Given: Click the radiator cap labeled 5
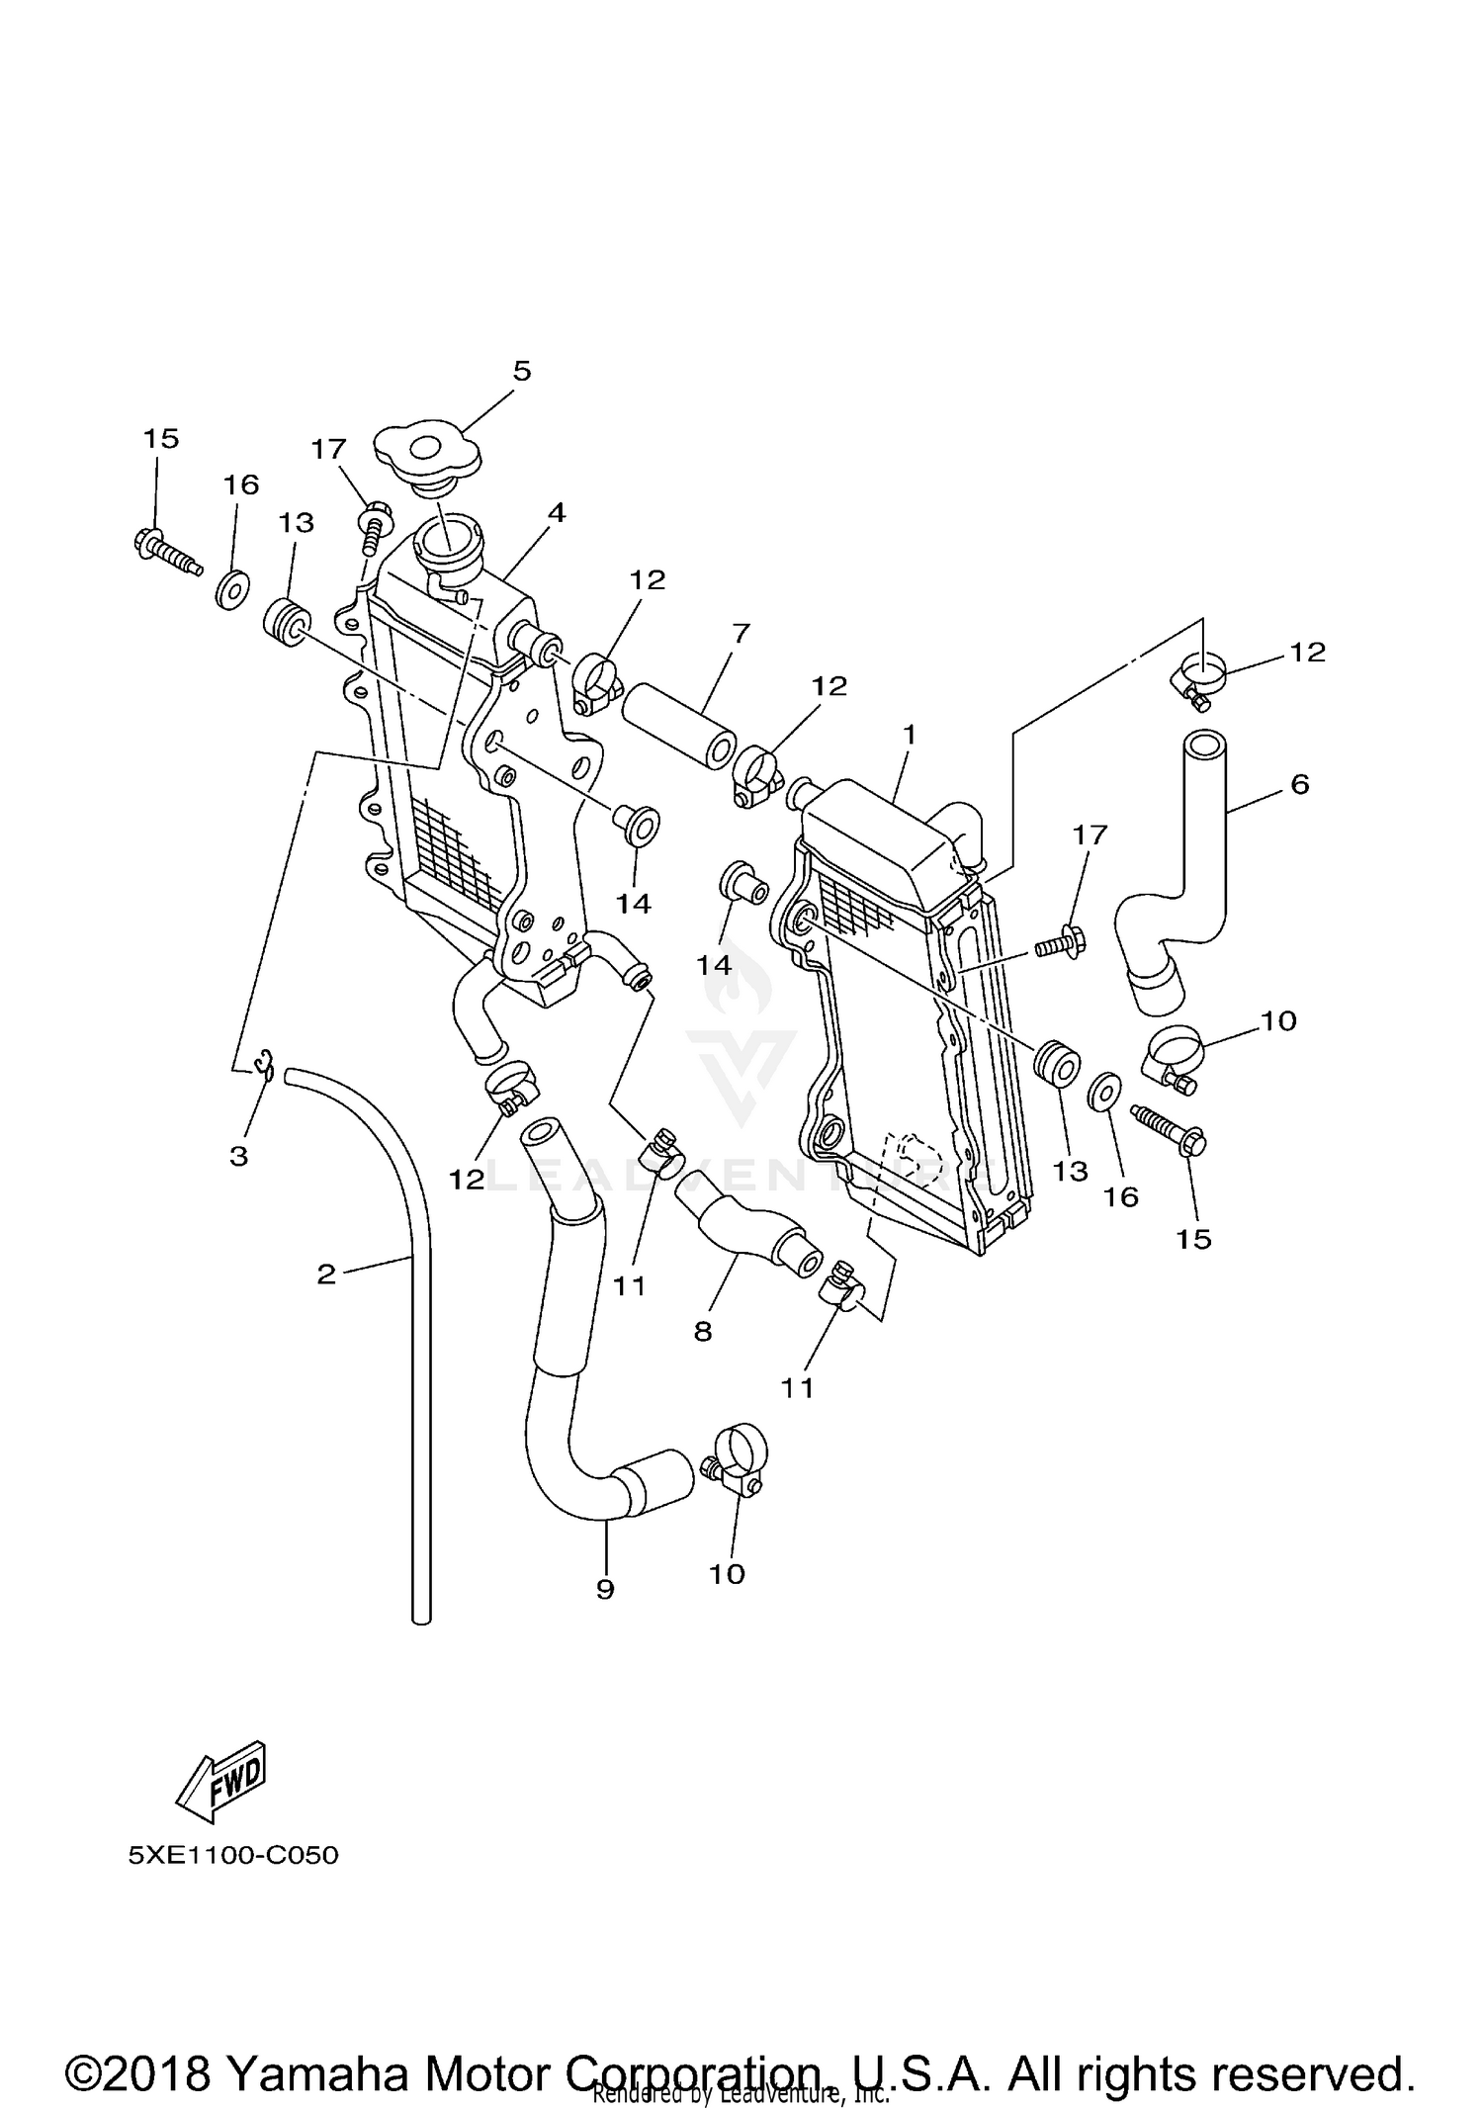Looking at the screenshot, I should tap(427, 455).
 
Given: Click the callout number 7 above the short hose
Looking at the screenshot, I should tap(741, 633).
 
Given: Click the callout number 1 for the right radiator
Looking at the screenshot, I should tap(909, 734).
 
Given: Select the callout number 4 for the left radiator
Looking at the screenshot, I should tap(557, 512).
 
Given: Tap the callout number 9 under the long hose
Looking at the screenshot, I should tap(605, 1588).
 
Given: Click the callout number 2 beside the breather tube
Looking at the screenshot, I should tap(326, 1274).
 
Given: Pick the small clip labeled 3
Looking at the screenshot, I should tap(263, 1065).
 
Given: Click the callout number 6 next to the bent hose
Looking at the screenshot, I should tap(1299, 784).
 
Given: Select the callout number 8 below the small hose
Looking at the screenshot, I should tap(702, 1331).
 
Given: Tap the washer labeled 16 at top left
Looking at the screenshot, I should tap(232, 590).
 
